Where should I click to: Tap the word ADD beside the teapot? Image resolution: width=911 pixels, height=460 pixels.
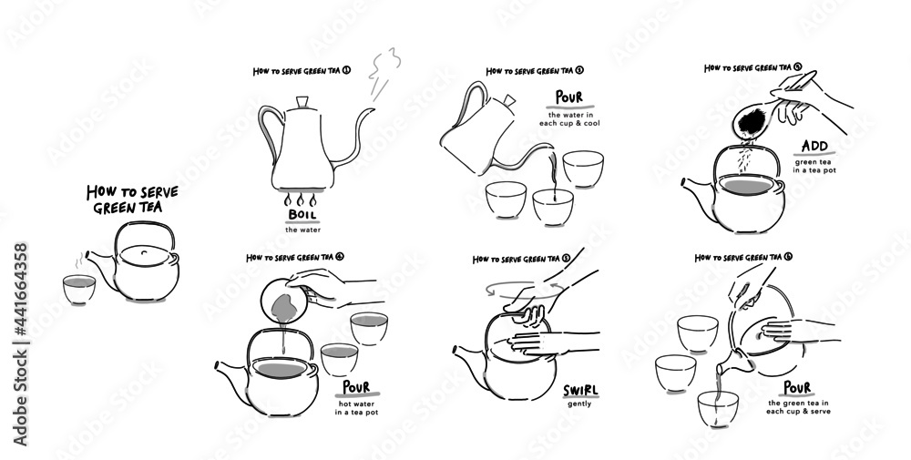pyautogui.click(x=814, y=147)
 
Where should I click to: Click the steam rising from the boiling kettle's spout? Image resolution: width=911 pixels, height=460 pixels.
pyautogui.click(x=383, y=73)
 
